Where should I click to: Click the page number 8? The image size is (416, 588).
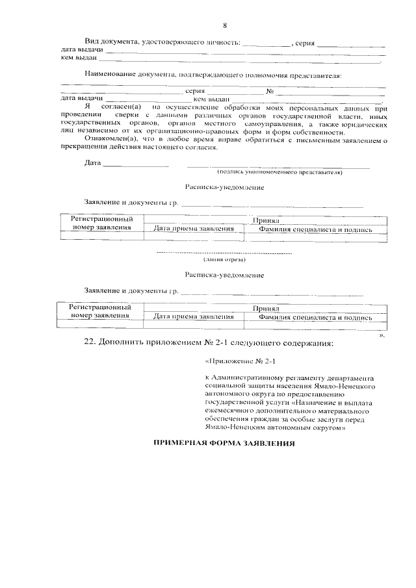click(224, 26)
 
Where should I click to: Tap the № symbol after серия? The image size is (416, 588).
click(268, 91)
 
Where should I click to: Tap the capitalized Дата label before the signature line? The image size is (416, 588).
click(93, 162)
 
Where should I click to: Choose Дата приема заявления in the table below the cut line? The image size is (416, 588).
click(194, 317)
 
